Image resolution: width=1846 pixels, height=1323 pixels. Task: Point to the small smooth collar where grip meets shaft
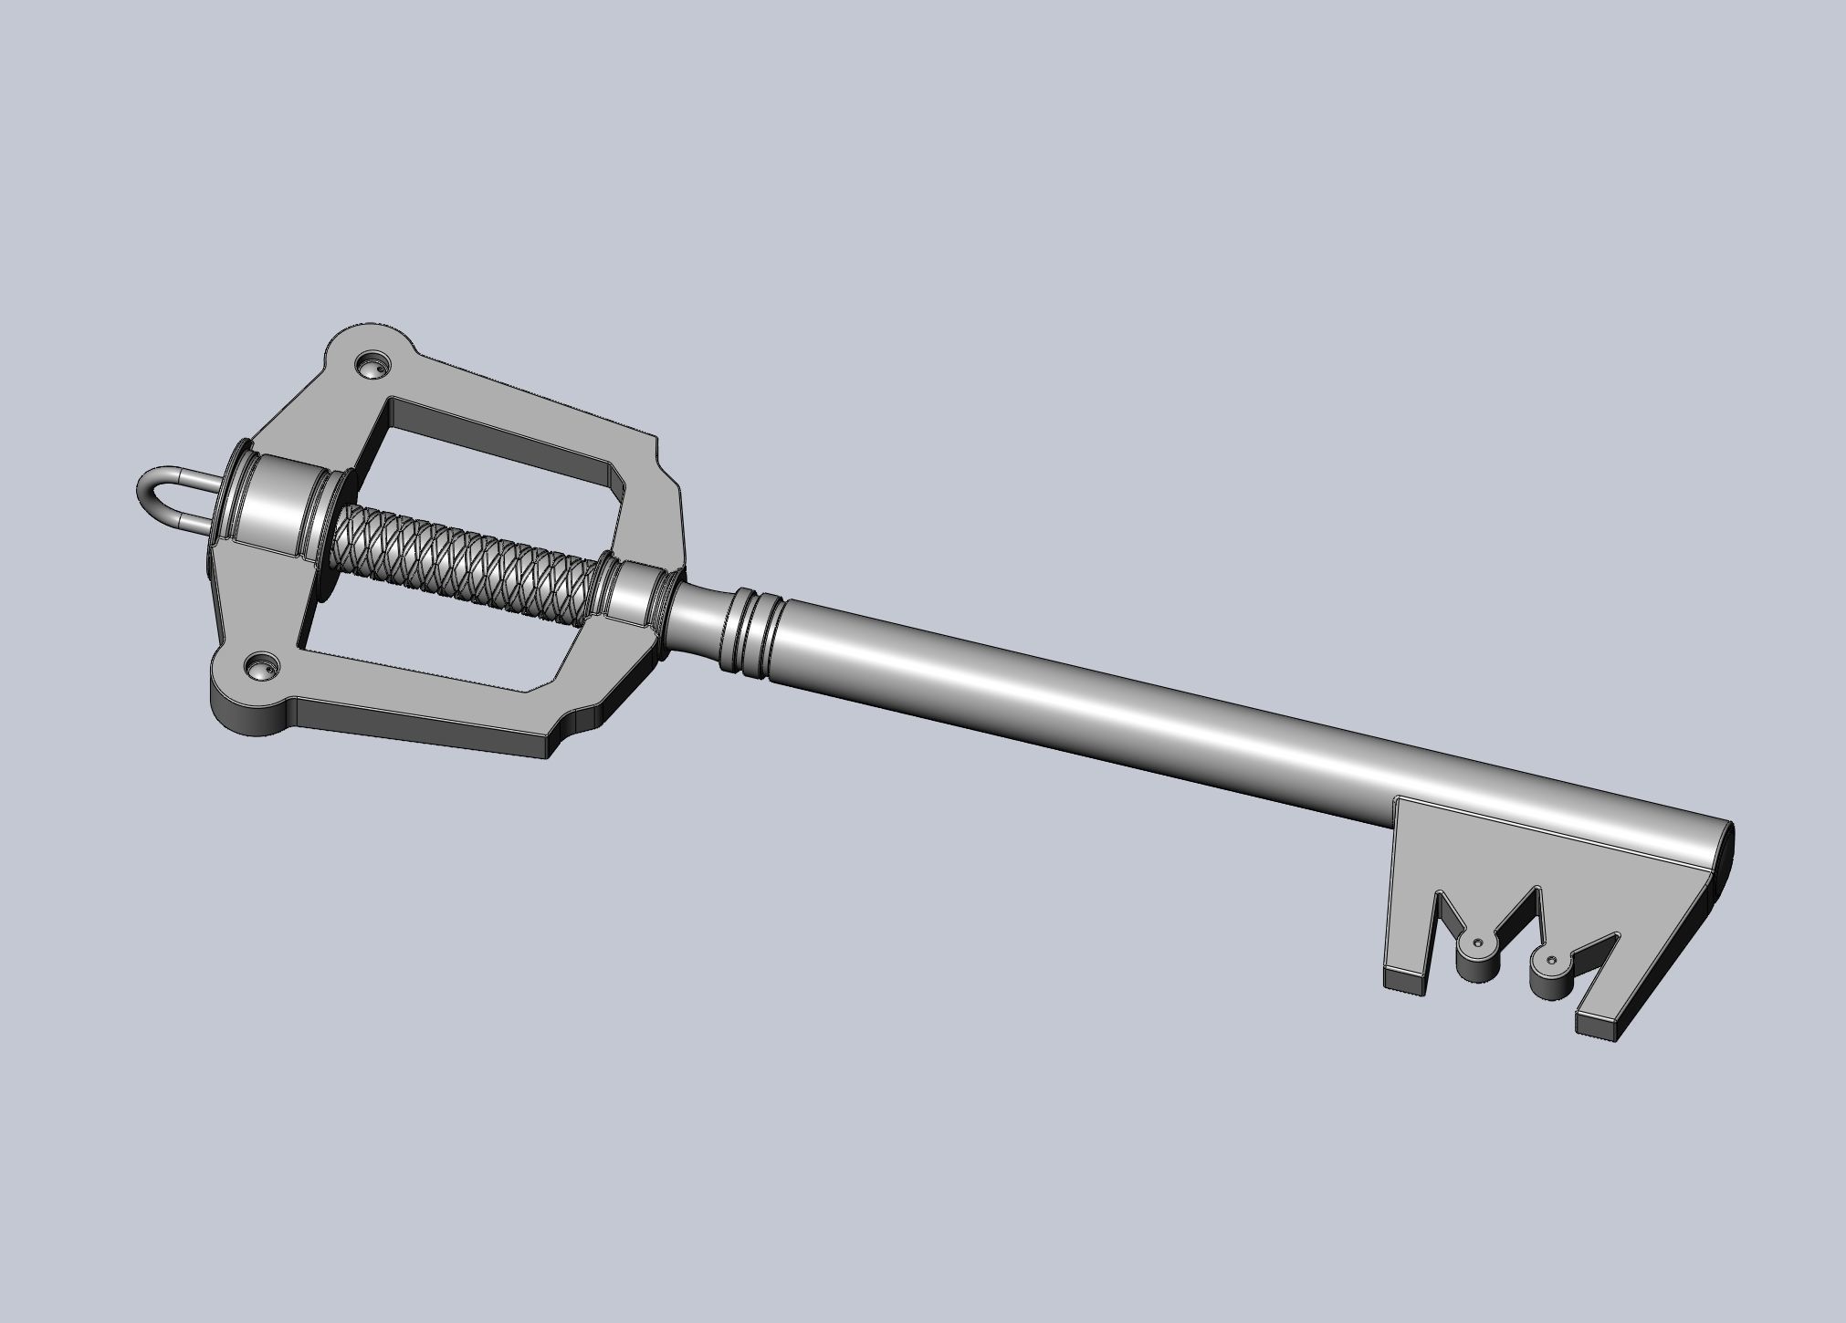[x=630, y=598]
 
